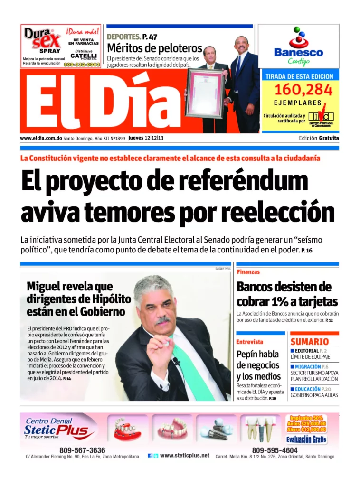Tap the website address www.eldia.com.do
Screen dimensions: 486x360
point(41,138)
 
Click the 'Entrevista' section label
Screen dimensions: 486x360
point(251,342)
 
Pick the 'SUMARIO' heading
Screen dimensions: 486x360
point(309,342)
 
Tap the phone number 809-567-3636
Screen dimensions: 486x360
point(82,450)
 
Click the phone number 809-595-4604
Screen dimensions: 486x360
point(275,450)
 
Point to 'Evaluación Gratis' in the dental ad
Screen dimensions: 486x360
point(306,439)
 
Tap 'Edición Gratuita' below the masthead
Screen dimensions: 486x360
point(319,138)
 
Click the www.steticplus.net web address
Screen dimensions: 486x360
point(184,455)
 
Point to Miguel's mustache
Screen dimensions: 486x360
point(162,320)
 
